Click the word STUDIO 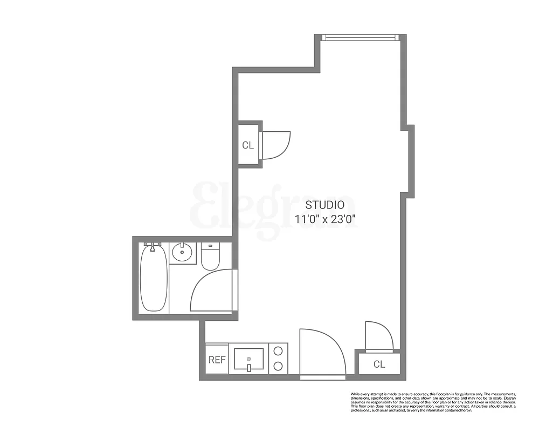tap(325, 205)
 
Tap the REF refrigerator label tap(217, 360)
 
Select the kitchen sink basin tap(248, 358)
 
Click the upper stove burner tap(278, 350)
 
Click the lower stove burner tap(278, 366)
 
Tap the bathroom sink tap(183, 252)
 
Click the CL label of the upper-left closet tap(248, 145)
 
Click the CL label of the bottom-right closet tap(379, 364)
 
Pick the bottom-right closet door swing tap(379, 335)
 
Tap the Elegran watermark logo tap(275, 211)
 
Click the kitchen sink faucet tap(249, 368)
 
